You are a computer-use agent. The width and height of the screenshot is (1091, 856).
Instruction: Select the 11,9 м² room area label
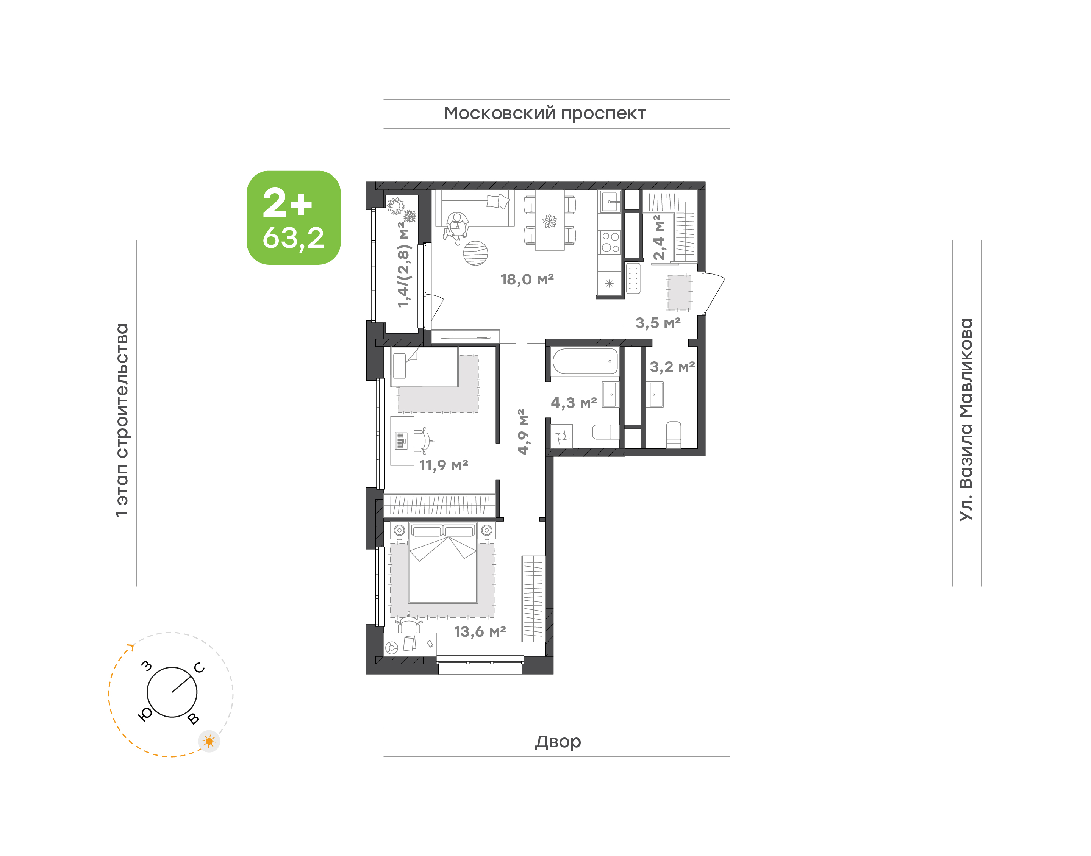[444, 465]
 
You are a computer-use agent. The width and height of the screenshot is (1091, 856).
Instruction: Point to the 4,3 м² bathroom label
[574, 403]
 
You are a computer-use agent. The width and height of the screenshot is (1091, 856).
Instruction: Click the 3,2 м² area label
[672, 367]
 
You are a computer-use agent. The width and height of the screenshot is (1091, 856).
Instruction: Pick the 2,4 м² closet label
[659, 237]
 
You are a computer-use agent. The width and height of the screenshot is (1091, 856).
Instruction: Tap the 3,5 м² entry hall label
[658, 323]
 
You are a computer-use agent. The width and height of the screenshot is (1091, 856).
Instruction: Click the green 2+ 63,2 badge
[294, 217]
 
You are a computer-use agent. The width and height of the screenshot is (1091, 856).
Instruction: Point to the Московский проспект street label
[545, 113]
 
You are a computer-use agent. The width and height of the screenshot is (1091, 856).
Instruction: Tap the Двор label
[558, 741]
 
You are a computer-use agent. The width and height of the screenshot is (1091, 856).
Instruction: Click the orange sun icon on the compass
[209, 741]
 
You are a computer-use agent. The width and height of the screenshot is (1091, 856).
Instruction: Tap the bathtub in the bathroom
[585, 361]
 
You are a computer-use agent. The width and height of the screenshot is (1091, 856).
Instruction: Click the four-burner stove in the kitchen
[610, 242]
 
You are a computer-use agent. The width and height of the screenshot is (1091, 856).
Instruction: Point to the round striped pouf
[475, 253]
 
